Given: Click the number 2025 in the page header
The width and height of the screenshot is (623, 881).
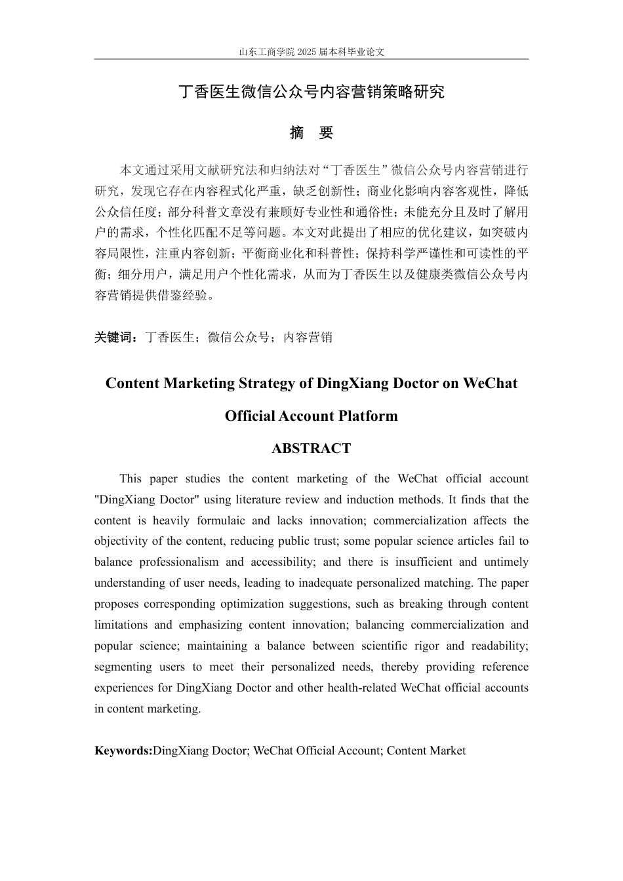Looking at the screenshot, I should (x=306, y=52).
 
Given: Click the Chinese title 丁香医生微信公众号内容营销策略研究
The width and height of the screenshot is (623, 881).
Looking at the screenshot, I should (x=311, y=92).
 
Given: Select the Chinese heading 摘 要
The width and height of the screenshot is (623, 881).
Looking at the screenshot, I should (x=311, y=132).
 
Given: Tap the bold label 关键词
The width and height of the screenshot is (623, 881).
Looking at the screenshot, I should (x=115, y=338).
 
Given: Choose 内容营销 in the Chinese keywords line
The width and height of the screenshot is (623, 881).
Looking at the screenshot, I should (x=308, y=338).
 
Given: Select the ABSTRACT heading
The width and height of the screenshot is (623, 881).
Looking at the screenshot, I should (x=311, y=449).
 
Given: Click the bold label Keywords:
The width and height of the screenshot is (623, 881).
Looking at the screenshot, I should (x=123, y=751).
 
